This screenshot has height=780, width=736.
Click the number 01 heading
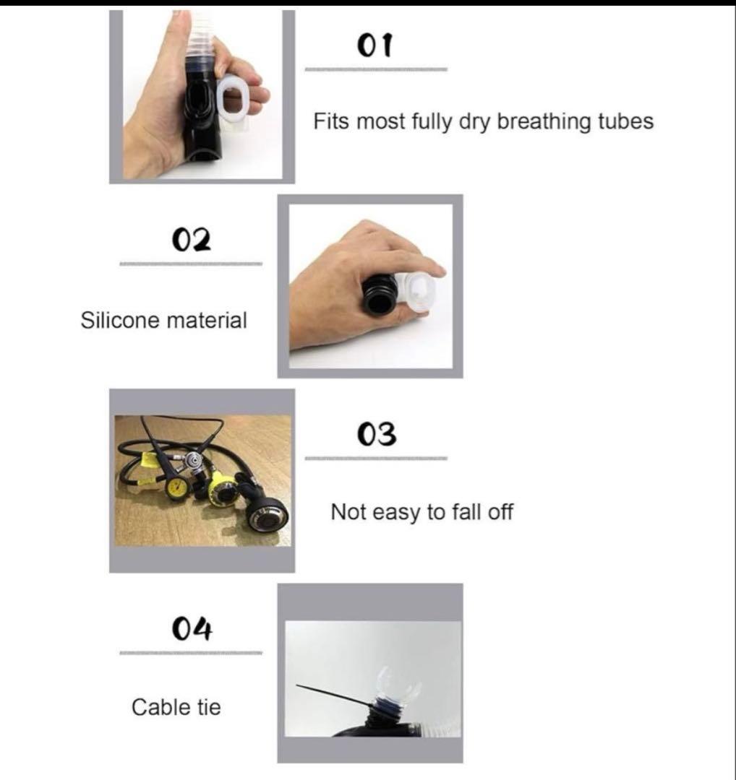375,45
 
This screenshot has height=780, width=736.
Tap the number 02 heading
191,240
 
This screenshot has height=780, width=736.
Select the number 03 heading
377,434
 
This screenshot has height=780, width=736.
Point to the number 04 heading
192,628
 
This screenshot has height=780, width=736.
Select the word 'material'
207,320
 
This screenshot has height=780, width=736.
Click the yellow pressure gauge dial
177,487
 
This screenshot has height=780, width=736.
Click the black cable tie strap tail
333,695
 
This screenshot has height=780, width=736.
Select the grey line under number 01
376,69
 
